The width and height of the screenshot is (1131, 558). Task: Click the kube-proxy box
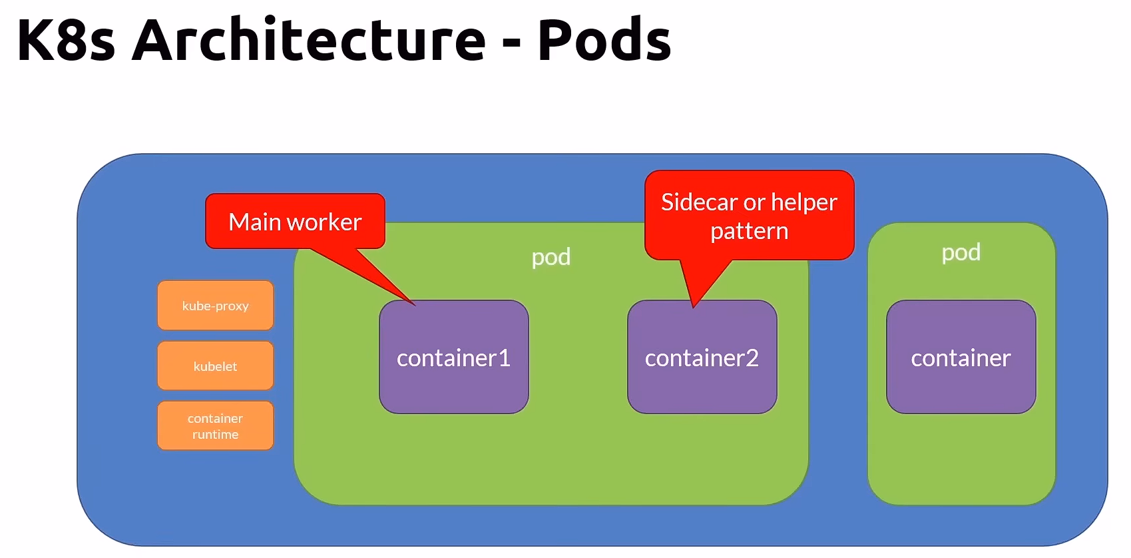pyautogui.click(x=215, y=306)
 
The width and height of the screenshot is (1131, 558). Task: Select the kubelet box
pyautogui.click(x=215, y=366)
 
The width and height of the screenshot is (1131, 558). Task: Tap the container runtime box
pyautogui.click(x=215, y=425)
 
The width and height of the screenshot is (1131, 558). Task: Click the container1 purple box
pyautogui.click(x=453, y=358)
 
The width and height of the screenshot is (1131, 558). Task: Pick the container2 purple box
pyautogui.click(x=702, y=358)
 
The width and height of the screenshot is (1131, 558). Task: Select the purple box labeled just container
pyautogui.click(x=961, y=358)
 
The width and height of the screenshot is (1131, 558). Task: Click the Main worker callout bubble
pyautogui.click(x=295, y=222)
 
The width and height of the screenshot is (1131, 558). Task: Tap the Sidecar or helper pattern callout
pyautogui.click(x=749, y=215)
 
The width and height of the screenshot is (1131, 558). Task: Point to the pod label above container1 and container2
pyautogui.click(x=551, y=257)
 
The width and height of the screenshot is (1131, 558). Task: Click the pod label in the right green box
pyautogui.click(x=961, y=252)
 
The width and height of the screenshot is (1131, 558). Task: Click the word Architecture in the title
pyautogui.click(x=309, y=40)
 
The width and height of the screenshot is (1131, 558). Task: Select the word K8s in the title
pyautogui.click(x=66, y=40)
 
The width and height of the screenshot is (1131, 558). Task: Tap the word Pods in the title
pyautogui.click(x=604, y=40)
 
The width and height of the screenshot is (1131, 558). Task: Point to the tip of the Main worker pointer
pyautogui.click(x=414, y=304)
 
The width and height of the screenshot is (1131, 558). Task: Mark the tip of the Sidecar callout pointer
pyautogui.click(x=693, y=306)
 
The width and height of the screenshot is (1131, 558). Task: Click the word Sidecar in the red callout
pyautogui.click(x=699, y=202)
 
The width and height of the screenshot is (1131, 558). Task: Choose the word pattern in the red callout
pyautogui.click(x=749, y=232)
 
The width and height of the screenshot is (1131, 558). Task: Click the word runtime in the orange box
pyautogui.click(x=215, y=434)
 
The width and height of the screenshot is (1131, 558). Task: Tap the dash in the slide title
pyautogui.click(x=511, y=44)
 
